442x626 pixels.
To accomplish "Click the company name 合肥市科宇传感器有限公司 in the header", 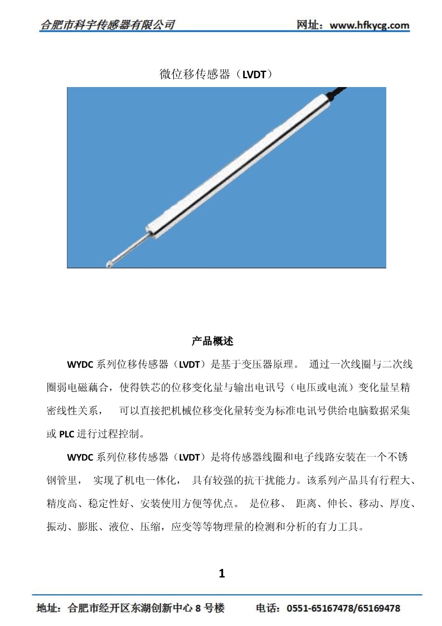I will (x=108, y=25).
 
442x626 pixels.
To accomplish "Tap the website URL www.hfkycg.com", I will (x=370, y=26).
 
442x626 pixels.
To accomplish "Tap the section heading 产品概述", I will (x=215, y=340).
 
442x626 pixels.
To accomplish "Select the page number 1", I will (x=222, y=573).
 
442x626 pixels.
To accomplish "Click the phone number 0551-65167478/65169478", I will (x=343, y=608).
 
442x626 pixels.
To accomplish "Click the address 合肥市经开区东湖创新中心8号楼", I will (x=145, y=608).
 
